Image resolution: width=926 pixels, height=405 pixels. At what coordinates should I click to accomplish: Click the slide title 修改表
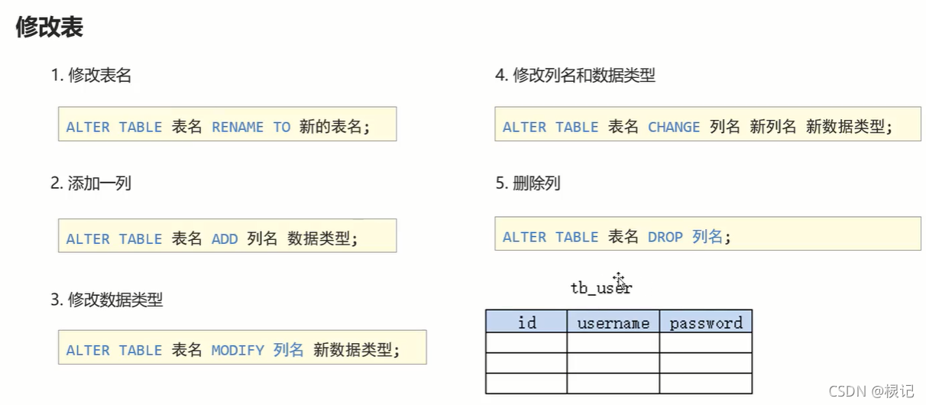point(50,28)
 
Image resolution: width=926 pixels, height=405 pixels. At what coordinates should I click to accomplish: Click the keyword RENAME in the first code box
point(238,127)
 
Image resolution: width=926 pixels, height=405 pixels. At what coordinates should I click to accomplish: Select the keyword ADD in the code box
point(225,238)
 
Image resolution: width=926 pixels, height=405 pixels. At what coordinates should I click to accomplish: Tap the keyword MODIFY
point(238,350)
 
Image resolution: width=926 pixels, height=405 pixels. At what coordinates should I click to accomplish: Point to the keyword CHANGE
point(674,127)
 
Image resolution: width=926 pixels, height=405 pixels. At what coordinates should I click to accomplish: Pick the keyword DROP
point(665,237)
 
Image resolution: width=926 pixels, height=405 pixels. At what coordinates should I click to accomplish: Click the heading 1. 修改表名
point(90,75)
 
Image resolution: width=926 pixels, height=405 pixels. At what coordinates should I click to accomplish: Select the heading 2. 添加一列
point(90,183)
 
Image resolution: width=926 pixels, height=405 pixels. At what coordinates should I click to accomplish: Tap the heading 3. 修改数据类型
point(106,300)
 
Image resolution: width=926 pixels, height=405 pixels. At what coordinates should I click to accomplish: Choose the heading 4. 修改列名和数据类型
point(575,75)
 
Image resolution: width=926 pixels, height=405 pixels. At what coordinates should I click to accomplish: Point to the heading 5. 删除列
point(527,183)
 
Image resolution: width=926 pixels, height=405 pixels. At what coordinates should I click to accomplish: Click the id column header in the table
point(526,322)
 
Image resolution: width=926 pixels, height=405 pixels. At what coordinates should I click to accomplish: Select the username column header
point(613,322)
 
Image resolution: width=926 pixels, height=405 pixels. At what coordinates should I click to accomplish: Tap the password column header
point(706,322)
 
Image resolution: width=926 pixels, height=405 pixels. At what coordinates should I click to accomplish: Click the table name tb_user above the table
point(601,288)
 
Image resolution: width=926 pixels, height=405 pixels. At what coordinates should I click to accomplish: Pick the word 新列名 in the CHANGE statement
point(773,127)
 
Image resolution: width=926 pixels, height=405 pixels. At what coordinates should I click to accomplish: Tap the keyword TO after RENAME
point(282,127)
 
